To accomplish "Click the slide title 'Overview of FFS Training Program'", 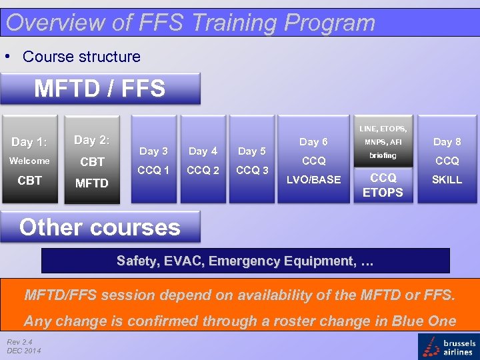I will click(190, 23).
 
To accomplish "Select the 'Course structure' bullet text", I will click(81, 57).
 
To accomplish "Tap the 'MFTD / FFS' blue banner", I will click(100, 88).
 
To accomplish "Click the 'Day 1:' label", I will click(29, 142).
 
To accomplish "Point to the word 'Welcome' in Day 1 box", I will click(29, 161).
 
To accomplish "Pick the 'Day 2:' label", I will click(92, 140).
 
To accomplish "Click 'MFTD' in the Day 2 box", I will click(92, 183).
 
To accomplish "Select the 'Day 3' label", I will click(153, 151).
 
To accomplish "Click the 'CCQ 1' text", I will click(153, 170).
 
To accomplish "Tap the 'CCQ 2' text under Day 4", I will click(203, 170).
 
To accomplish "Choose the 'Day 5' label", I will click(252, 151).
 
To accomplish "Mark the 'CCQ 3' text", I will click(252, 170).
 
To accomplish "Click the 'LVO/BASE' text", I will click(313, 179).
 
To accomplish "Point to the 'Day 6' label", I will click(313, 141).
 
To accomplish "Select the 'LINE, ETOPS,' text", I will click(383, 128).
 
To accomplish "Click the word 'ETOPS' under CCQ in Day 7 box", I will click(383, 193).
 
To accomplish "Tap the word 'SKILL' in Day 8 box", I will click(447, 179).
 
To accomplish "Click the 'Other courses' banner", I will click(100, 227).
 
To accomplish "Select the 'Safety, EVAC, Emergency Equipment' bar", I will click(245, 261).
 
